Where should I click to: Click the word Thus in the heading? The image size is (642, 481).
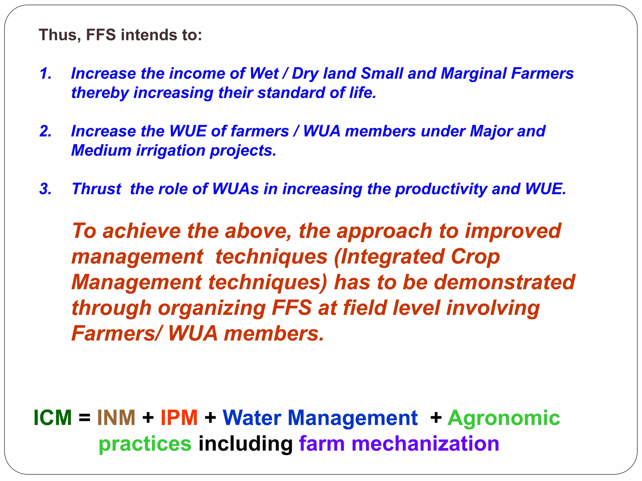[58, 35]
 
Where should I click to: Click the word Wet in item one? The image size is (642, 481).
[264, 74]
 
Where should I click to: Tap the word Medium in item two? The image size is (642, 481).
[101, 151]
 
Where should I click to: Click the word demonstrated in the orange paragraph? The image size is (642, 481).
[505, 282]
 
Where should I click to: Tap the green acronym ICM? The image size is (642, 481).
[53, 418]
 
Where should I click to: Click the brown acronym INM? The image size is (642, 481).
[116, 418]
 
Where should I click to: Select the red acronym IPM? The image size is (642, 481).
[179, 418]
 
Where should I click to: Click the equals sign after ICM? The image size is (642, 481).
[85, 418]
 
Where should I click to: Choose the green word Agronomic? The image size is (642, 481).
[504, 418]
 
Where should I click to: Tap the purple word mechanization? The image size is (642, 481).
[425, 444]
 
